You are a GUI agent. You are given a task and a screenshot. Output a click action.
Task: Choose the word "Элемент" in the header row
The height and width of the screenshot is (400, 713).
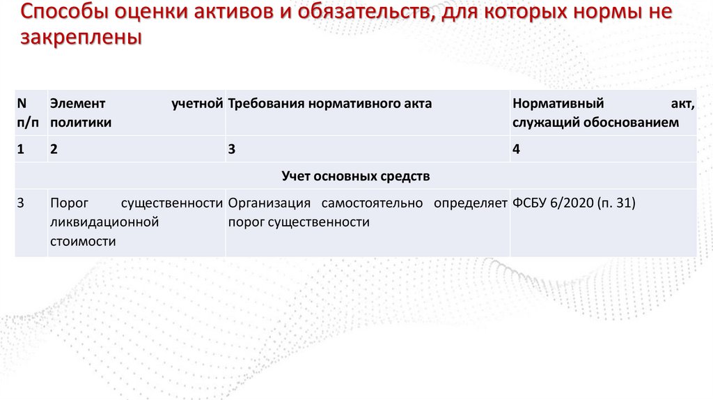[77, 104]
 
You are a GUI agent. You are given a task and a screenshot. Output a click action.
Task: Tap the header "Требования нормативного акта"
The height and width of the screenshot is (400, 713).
[329, 104]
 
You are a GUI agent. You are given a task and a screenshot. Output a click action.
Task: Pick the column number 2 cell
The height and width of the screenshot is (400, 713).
[54, 149]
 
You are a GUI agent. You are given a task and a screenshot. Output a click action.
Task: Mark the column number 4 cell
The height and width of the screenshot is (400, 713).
[516, 149]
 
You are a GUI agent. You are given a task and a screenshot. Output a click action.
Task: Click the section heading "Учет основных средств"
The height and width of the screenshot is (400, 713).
[356, 176]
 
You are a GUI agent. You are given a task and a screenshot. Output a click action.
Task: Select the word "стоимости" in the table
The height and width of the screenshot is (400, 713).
[83, 241]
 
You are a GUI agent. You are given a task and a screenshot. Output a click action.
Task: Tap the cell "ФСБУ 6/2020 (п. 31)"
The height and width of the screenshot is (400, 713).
[574, 203]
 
